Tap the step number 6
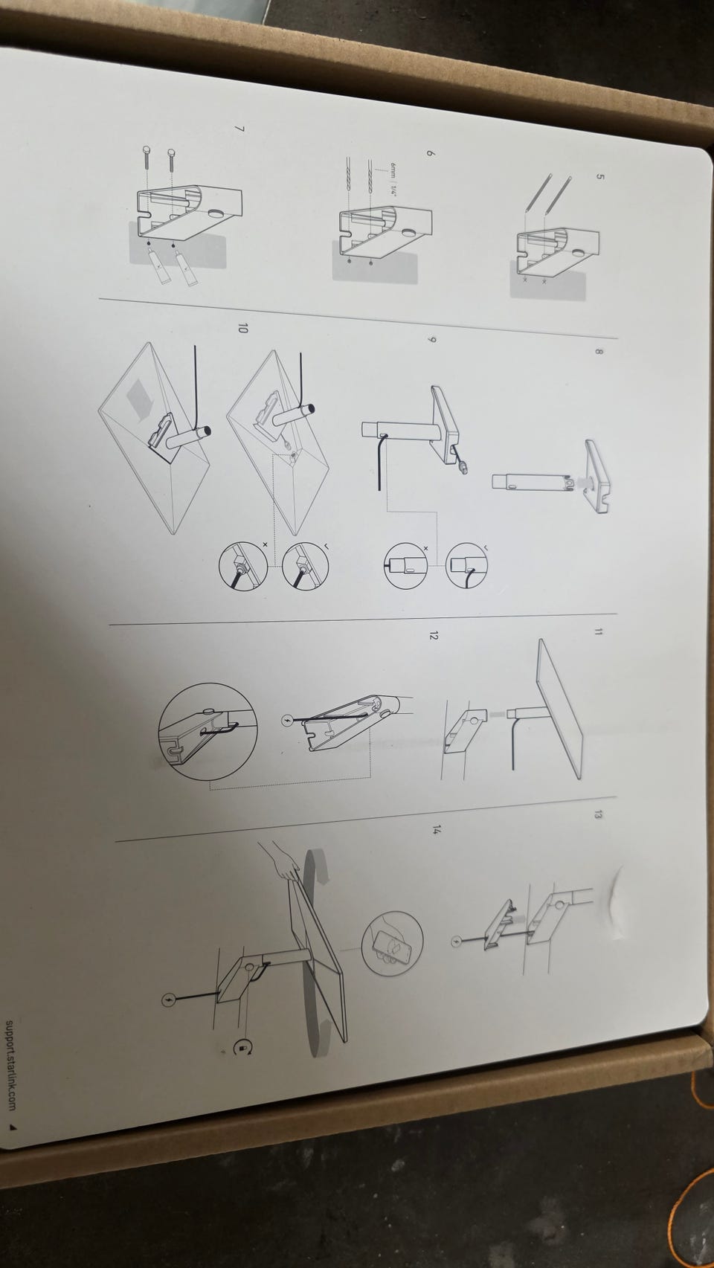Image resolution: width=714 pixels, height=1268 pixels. pyautogui.click(x=431, y=153)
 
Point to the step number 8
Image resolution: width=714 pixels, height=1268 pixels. pyautogui.click(x=599, y=352)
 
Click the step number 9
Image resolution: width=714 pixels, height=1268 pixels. pyautogui.click(x=431, y=340)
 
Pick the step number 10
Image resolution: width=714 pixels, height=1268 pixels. pyautogui.click(x=242, y=328)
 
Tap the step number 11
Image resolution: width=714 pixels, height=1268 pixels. pyautogui.click(x=597, y=632)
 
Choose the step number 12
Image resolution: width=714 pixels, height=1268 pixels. pyautogui.click(x=433, y=637)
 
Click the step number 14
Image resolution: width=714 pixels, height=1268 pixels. pyautogui.click(x=435, y=830)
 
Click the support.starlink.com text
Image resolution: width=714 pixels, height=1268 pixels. pyautogui.click(x=12, y=1066)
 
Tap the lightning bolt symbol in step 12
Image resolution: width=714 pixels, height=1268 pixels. pyautogui.click(x=287, y=721)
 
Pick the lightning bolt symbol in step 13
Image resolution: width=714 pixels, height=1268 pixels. pyautogui.click(x=456, y=942)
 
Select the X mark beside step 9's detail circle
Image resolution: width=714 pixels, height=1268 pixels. pyautogui.click(x=425, y=549)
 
